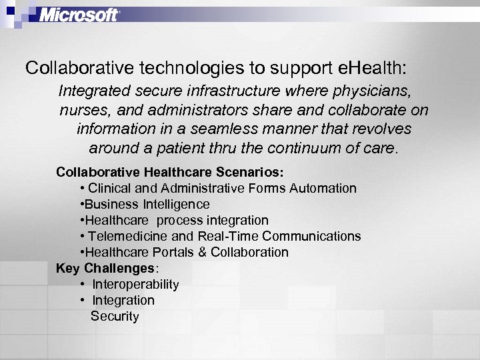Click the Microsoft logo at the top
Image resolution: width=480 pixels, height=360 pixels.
pos(79,15)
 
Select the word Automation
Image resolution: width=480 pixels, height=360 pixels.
pos(323,188)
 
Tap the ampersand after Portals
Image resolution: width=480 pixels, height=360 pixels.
pos(203,252)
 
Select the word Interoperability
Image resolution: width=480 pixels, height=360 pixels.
pos(135,284)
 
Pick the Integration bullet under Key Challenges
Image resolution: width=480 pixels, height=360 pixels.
pos(123,300)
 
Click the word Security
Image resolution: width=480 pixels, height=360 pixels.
pos(115,316)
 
